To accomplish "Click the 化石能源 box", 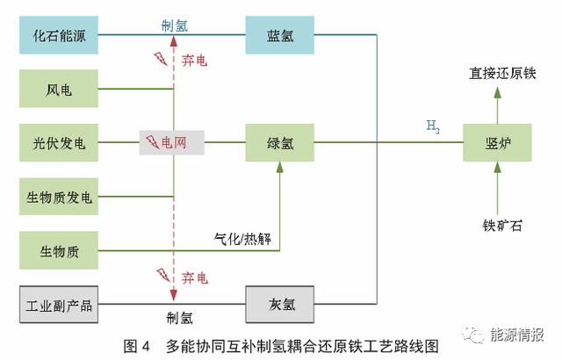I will pyautogui.click(x=58, y=35).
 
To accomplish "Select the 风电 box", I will pyautogui.click(x=58, y=90).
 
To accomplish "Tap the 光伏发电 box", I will pyautogui.click(x=58, y=142).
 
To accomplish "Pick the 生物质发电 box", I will pyautogui.click(x=58, y=197).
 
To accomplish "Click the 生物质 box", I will pyautogui.click(x=58, y=251).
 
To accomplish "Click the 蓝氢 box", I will pyautogui.click(x=280, y=35).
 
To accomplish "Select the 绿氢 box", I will pyautogui.click(x=280, y=142).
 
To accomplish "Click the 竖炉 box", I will pyautogui.click(x=497, y=142).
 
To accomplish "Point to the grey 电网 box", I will pyautogui.click(x=172, y=142).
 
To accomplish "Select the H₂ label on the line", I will pyautogui.click(x=432, y=127).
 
